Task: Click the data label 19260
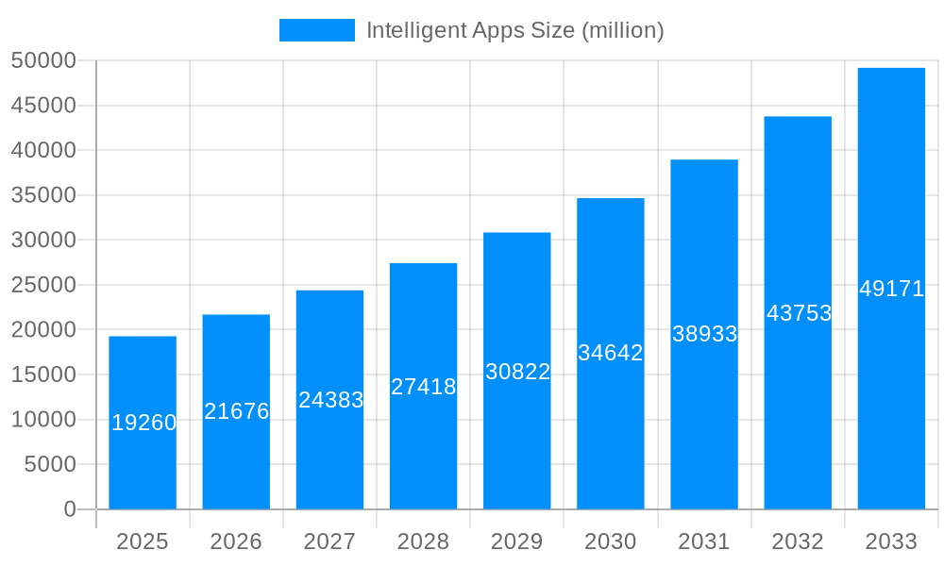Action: (x=144, y=423)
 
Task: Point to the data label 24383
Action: (x=330, y=400)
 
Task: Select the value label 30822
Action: (x=517, y=372)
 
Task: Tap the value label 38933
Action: (x=704, y=334)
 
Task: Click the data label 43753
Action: (x=799, y=313)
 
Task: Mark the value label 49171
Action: (x=891, y=289)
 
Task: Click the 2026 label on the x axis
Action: (x=236, y=541)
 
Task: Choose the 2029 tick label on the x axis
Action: (x=517, y=541)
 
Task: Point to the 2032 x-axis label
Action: (x=798, y=541)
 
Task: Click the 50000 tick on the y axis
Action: (x=43, y=61)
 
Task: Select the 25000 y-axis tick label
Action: (x=43, y=285)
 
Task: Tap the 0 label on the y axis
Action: (x=70, y=509)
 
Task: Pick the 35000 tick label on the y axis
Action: (x=43, y=195)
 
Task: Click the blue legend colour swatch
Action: (x=317, y=30)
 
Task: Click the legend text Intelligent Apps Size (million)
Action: (x=514, y=30)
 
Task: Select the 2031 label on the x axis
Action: (x=704, y=541)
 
